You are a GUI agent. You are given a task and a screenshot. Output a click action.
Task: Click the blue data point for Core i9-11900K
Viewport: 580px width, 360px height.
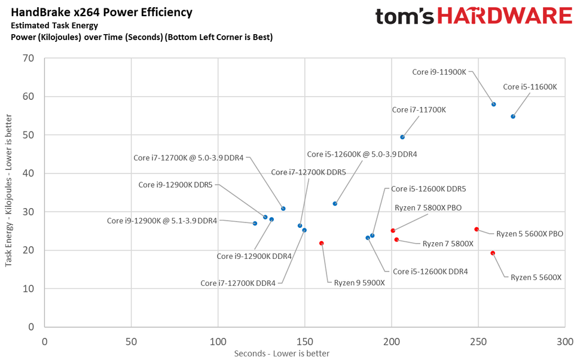(x=493, y=104)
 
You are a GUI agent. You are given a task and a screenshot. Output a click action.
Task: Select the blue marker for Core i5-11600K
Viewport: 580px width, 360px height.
(x=513, y=117)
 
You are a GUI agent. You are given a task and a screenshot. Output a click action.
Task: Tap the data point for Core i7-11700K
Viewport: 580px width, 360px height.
(x=402, y=137)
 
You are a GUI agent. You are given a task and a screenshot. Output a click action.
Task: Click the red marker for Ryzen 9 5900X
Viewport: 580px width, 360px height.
(x=322, y=243)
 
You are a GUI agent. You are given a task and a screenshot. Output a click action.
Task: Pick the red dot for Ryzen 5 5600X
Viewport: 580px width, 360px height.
(x=493, y=253)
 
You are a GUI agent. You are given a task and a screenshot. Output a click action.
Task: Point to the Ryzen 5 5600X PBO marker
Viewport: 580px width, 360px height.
(x=477, y=229)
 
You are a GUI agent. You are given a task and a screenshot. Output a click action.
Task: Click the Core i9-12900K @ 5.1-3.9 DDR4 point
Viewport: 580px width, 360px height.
(x=255, y=223)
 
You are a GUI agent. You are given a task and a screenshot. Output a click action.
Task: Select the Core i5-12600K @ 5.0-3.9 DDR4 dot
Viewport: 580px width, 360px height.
(x=335, y=203)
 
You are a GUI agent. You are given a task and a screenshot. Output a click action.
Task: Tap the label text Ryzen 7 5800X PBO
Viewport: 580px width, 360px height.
(x=436, y=208)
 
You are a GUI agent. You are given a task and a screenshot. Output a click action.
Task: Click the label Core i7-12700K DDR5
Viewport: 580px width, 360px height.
(x=309, y=172)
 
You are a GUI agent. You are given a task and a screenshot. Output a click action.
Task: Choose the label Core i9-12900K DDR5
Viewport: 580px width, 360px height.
(x=175, y=185)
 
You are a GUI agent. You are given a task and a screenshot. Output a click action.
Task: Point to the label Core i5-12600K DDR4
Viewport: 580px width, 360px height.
(x=430, y=271)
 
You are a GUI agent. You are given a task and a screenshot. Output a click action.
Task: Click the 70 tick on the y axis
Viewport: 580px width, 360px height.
(x=28, y=58)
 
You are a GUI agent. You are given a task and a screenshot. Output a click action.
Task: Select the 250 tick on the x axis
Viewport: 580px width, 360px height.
(x=478, y=341)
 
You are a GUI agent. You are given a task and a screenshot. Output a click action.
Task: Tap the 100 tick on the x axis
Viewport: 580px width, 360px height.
(x=218, y=341)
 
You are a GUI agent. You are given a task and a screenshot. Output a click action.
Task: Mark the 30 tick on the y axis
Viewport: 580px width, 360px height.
(x=28, y=212)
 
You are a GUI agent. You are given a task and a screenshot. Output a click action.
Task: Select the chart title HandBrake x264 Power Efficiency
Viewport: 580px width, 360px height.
(x=102, y=12)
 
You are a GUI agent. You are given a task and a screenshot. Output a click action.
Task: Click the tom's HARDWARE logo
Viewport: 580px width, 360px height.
(x=474, y=16)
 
